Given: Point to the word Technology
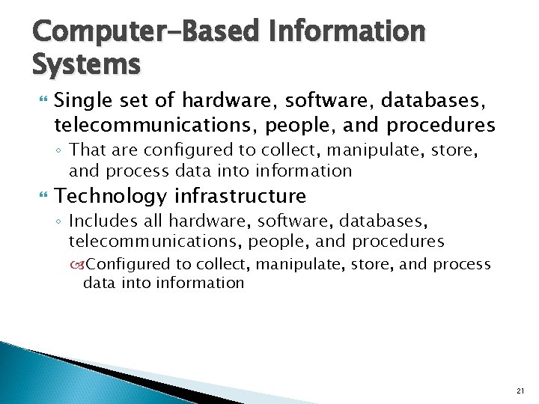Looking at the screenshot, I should click(111, 196).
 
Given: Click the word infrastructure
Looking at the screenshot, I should click(240, 196).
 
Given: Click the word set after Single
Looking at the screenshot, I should click(125, 100).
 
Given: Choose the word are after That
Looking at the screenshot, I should click(123, 151).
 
